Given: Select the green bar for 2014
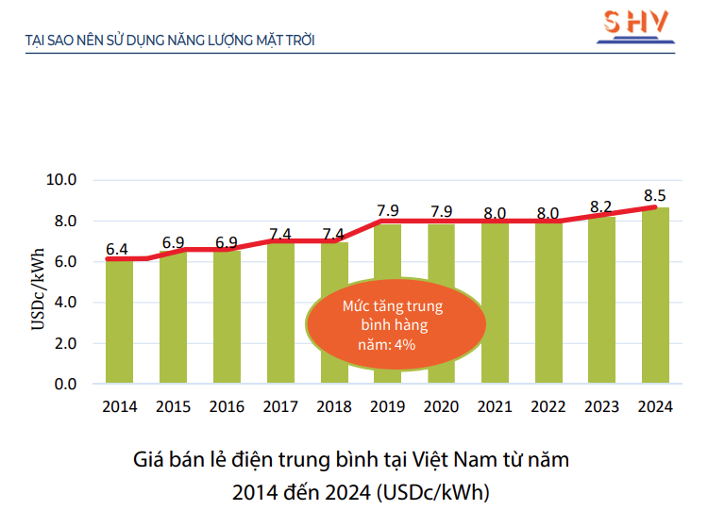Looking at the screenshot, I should tap(119, 321).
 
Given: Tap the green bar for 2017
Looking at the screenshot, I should tap(280, 311).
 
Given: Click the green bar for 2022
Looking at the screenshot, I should tap(548, 302).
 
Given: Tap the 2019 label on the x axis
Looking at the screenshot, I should tap(388, 407).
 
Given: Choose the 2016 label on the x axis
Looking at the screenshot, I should tap(228, 407).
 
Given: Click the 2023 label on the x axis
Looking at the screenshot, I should tap(601, 407).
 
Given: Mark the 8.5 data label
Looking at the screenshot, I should tap(655, 195).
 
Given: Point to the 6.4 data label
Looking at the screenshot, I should tap(117, 250).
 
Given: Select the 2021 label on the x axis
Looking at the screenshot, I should tap(495, 407).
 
